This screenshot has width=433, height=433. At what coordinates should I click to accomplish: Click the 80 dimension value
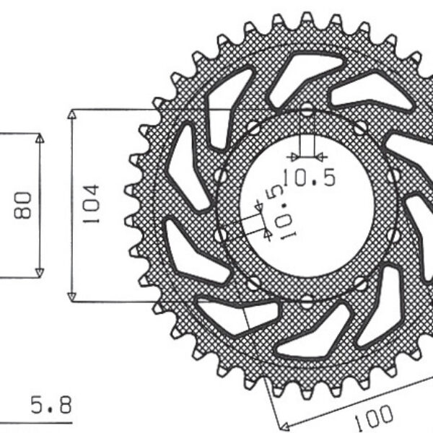tap(22, 205)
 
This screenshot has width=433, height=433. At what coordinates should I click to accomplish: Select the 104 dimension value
tap(91, 204)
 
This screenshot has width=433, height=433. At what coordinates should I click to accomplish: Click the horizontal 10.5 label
tap(309, 177)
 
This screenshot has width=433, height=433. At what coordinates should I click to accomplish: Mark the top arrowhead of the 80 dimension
tap(40, 138)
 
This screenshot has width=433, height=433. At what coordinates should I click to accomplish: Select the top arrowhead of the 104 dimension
tap(71, 115)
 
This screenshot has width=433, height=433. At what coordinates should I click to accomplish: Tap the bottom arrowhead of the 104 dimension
tap(71, 297)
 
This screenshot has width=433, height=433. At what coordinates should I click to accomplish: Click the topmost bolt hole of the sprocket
tap(307, 110)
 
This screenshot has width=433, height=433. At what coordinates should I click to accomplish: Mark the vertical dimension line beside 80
tap(40, 205)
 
